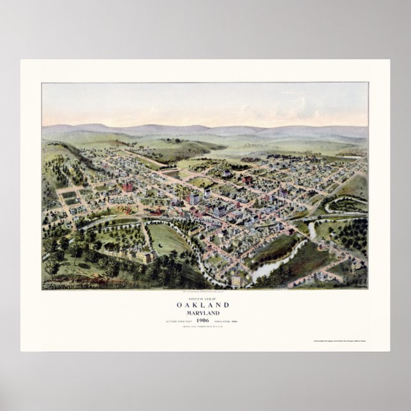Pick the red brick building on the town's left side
[x=128, y=187]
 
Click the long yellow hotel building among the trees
[x=144, y=257]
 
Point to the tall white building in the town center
[x=194, y=198]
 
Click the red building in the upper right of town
[x=247, y=179]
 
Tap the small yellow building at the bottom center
[x=236, y=280]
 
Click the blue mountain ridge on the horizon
[x=204, y=128]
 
